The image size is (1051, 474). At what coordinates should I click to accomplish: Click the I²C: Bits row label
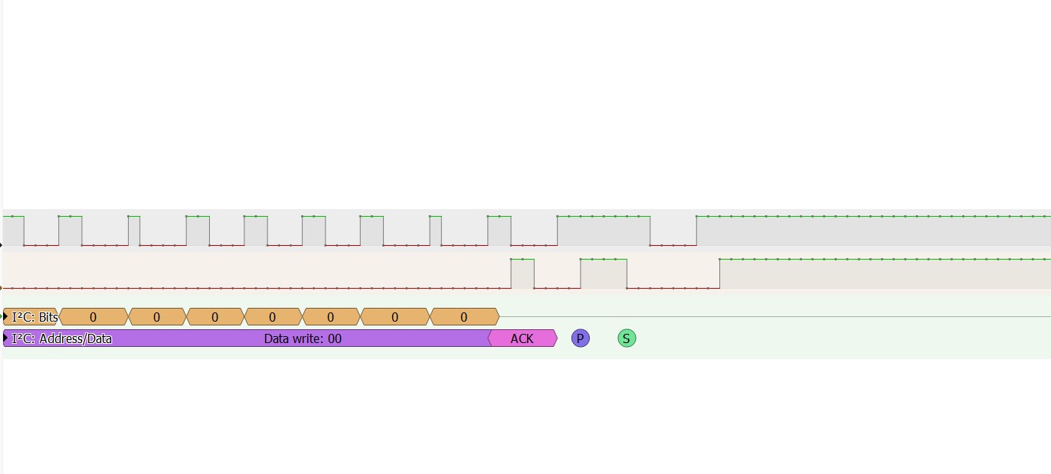pyautogui.click(x=34, y=317)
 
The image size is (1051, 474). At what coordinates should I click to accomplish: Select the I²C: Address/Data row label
pyautogui.click(x=61, y=338)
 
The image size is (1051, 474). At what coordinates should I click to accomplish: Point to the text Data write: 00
pyautogui.click(x=303, y=338)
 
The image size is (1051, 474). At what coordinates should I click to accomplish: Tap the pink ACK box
pyautogui.click(x=522, y=338)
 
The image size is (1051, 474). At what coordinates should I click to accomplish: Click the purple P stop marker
pyautogui.click(x=581, y=338)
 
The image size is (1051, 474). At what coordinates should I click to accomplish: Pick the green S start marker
pyautogui.click(x=627, y=338)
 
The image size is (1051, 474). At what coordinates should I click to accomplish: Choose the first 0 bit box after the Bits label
pyautogui.click(x=93, y=317)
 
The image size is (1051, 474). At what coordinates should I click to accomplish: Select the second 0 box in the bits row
pyautogui.click(x=157, y=317)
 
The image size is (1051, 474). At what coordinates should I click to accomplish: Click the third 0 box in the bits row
pyautogui.click(x=215, y=317)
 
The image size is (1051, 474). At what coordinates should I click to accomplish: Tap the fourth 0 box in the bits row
pyautogui.click(x=273, y=317)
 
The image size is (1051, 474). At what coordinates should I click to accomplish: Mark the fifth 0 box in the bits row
pyautogui.click(x=331, y=317)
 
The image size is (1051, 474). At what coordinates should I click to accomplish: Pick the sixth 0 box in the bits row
pyautogui.click(x=395, y=317)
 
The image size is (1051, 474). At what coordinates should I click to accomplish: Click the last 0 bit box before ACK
pyautogui.click(x=464, y=317)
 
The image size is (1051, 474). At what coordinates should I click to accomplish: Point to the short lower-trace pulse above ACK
pyautogui.click(x=522, y=273)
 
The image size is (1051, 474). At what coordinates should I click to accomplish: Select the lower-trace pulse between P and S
pyautogui.click(x=604, y=273)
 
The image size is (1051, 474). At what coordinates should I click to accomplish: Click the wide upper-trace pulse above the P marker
pyautogui.click(x=604, y=230)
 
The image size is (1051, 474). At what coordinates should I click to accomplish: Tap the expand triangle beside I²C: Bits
pyautogui.click(x=5, y=317)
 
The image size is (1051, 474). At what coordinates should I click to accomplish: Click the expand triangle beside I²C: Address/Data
pyautogui.click(x=5, y=338)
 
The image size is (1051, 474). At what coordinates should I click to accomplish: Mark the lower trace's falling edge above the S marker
pyautogui.click(x=627, y=273)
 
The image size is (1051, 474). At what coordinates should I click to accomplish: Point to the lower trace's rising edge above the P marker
pyautogui.click(x=581, y=273)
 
